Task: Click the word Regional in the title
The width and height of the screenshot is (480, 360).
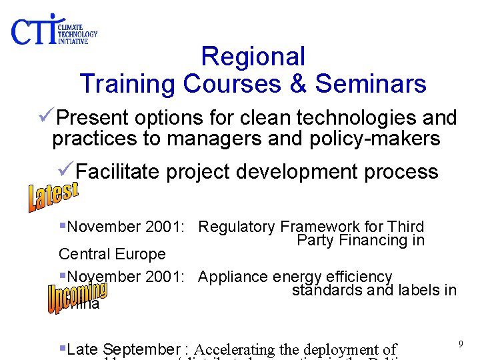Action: (x=253, y=57)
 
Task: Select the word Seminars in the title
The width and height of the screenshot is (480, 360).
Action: (x=371, y=84)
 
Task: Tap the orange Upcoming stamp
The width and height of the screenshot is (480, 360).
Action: (x=77, y=297)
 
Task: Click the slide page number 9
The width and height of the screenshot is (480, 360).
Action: (x=460, y=343)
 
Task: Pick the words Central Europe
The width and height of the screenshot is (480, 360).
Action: (x=112, y=254)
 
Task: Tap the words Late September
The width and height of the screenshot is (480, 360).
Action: (x=124, y=349)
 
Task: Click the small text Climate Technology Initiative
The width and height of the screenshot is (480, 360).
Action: (x=77, y=33)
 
